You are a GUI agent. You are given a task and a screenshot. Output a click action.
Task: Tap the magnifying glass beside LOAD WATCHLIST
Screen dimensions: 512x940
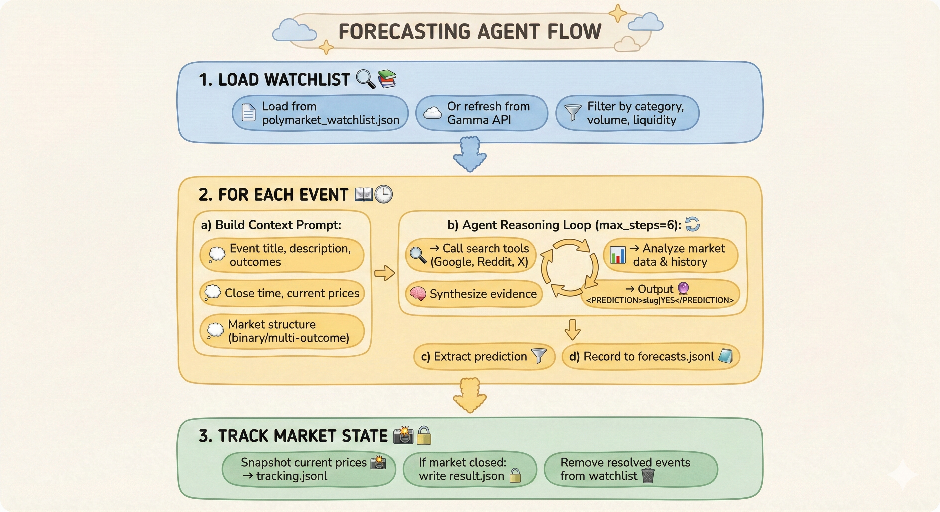coord(365,79)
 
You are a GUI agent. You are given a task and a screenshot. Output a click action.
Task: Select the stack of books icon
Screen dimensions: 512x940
coord(387,79)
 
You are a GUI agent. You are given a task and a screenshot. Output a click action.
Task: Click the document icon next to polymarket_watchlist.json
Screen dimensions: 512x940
coord(248,113)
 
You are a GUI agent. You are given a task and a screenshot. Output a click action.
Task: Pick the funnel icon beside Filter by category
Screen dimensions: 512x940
coord(572,113)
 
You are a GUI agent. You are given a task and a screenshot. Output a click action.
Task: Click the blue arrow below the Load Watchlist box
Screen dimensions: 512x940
coord(470,154)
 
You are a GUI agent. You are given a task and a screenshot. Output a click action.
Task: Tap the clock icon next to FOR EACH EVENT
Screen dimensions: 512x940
coord(384,194)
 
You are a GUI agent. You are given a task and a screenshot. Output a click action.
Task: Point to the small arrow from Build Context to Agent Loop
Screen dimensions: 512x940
coord(384,273)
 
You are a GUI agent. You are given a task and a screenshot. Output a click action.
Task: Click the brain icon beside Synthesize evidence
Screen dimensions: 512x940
coord(418,293)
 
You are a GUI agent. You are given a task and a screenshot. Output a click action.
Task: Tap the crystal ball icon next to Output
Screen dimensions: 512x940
coord(683,288)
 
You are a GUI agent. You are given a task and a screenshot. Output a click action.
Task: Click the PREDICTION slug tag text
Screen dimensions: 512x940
coord(660,300)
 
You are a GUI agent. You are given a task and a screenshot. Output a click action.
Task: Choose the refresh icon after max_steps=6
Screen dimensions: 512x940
coord(692,224)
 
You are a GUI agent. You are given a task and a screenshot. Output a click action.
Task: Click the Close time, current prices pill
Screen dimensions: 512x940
coord(282,293)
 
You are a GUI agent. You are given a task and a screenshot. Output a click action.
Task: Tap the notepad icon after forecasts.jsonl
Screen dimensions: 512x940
coord(725,356)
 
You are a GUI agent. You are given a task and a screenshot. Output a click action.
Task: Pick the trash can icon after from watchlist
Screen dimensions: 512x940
coord(648,476)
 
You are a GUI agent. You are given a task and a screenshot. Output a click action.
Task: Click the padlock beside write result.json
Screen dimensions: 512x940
coord(515,476)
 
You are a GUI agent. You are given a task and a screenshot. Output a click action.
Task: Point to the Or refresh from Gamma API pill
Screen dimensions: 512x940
coord(481,113)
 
